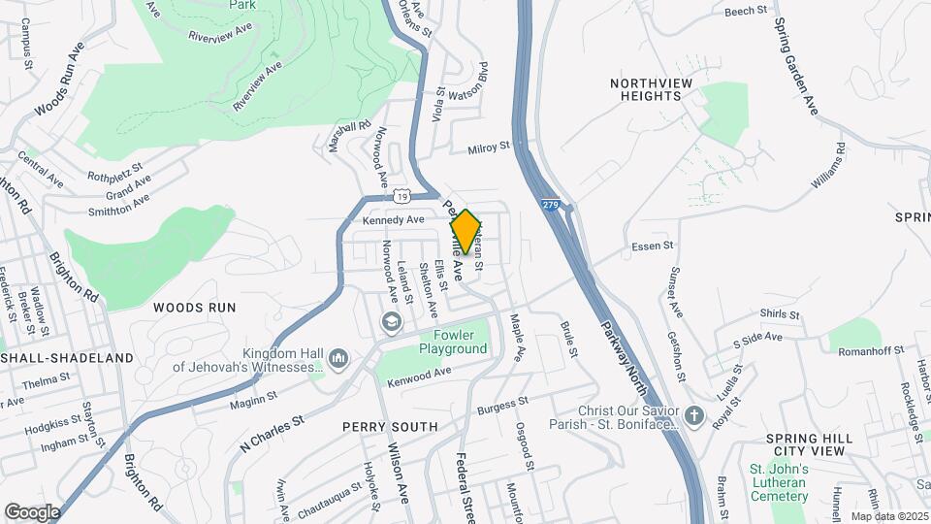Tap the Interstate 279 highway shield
coord(551,206)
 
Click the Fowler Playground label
coord(454,342)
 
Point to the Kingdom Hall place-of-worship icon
coord(338,360)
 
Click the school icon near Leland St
coord(390,322)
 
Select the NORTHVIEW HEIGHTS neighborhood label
coord(652,89)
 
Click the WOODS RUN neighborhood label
coord(194,307)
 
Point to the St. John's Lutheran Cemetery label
coord(779,482)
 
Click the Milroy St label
coord(489,147)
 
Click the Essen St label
coord(652,246)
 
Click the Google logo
coord(32,511)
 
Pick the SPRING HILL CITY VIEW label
coord(810,445)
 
